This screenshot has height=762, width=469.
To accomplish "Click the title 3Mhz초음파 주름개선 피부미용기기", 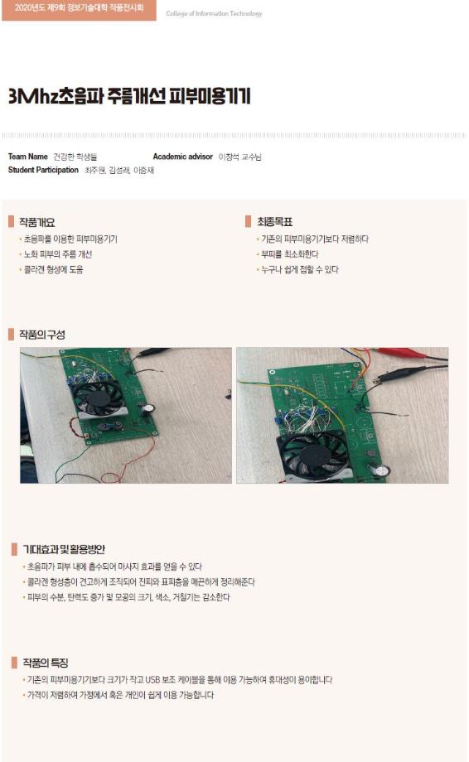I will click(x=128, y=96).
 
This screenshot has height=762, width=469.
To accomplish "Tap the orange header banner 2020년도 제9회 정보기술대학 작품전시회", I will click(x=78, y=11).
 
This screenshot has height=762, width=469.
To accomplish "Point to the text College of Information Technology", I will click(x=214, y=14).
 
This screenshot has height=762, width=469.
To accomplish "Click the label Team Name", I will click(x=27, y=156).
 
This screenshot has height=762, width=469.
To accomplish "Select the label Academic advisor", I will click(x=182, y=156).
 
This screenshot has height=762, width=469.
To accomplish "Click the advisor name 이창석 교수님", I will click(x=239, y=156).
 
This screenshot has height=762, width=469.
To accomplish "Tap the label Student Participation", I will click(x=43, y=170).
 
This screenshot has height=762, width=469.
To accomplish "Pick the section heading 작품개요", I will click(x=37, y=222).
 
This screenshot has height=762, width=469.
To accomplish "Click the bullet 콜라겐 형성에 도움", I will click(x=53, y=269).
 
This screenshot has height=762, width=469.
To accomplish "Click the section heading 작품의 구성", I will click(x=42, y=335).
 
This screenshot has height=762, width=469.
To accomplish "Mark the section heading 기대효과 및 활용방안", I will click(x=63, y=549).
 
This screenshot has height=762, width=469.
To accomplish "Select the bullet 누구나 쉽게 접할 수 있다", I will click(x=299, y=269).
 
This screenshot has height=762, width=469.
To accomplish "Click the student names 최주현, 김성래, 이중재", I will click(x=119, y=170).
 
